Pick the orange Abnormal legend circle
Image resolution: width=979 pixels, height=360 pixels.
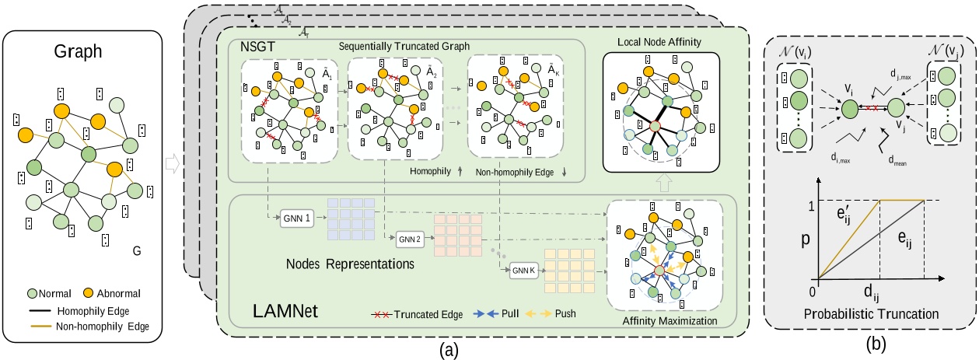95,294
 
